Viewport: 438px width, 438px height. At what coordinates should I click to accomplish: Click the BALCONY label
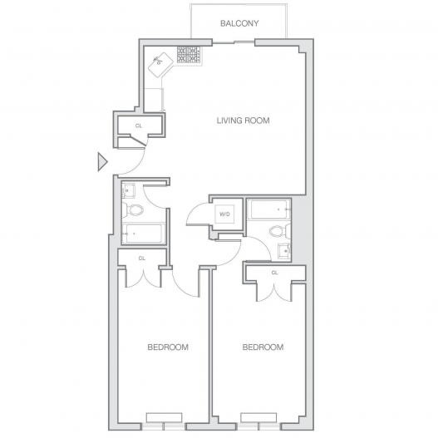coord(239,23)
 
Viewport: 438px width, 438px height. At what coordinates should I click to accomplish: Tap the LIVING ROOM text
coord(243,121)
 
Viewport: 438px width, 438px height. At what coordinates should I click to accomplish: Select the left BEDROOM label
coord(168,347)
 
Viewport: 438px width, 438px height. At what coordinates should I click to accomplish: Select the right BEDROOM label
coord(263,347)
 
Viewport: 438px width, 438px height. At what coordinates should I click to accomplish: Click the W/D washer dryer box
coord(224,214)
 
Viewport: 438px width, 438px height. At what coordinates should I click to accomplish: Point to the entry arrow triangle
coord(102,161)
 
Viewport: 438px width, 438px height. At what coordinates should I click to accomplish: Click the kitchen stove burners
coord(189,55)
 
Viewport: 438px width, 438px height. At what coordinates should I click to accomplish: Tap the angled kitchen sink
coord(161,65)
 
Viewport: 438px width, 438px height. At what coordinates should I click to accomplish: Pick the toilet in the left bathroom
coord(133,209)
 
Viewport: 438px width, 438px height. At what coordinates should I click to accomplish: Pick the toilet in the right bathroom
coord(280,231)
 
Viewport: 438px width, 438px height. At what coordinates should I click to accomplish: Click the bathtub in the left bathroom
coord(144,233)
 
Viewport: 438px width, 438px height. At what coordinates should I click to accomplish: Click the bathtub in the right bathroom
coord(269,209)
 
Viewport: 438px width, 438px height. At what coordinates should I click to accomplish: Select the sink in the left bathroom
coord(129,190)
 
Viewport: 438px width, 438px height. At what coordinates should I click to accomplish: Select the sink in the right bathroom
coord(284,250)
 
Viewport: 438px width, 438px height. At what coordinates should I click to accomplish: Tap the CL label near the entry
coord(139,126)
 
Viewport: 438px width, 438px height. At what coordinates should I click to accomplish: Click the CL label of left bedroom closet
coord(142,258)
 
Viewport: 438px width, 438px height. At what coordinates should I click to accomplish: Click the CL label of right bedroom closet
coord(275,273)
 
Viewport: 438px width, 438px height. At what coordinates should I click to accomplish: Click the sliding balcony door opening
coord(234,42)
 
